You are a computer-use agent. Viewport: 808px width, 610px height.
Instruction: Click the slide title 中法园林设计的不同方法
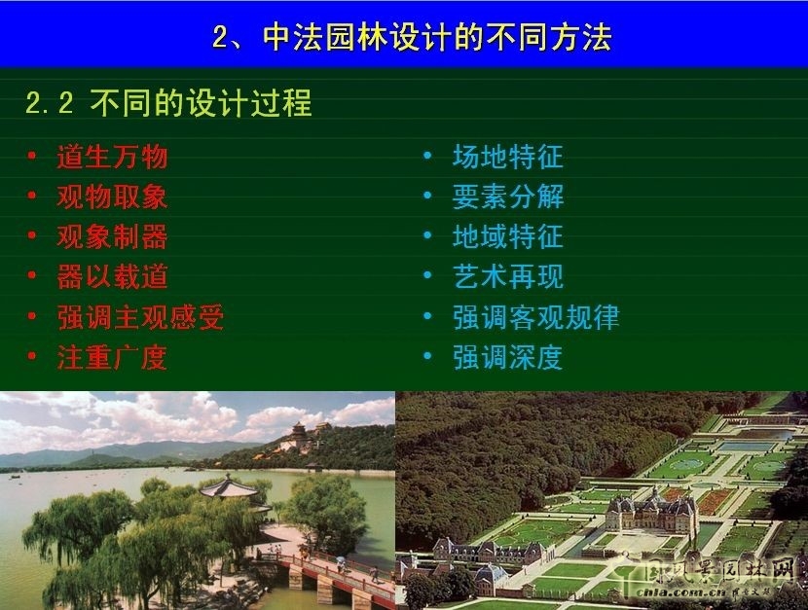(411, 37)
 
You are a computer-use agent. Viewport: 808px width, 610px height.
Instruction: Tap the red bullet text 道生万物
(112, 157)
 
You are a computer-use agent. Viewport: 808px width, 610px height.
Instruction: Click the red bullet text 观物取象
(112, 197)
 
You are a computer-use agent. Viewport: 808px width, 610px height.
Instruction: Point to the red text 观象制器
(112, 237)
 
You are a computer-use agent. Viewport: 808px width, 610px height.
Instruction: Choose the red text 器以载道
(112, 277)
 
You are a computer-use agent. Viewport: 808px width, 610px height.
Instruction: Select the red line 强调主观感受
(140, 318)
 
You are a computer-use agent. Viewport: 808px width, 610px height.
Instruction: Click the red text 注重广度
(112, 358)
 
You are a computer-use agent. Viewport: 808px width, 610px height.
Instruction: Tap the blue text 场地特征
(507, 157)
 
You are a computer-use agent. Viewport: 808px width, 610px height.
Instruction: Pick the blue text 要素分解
(507, 197)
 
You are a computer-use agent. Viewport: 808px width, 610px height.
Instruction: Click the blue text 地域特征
(507, 237)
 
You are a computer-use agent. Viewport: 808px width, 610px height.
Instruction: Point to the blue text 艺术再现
(507, 277)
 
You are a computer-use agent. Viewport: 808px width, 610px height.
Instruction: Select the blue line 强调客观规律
(535, 318)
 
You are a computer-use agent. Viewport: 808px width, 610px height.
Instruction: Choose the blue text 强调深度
(507, 358)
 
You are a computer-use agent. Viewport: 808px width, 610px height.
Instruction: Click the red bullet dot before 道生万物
(32, 156)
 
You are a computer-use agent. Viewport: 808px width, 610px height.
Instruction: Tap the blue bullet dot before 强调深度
(427, 357)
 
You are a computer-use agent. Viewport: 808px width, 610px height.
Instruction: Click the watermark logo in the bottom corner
(715, 580)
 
